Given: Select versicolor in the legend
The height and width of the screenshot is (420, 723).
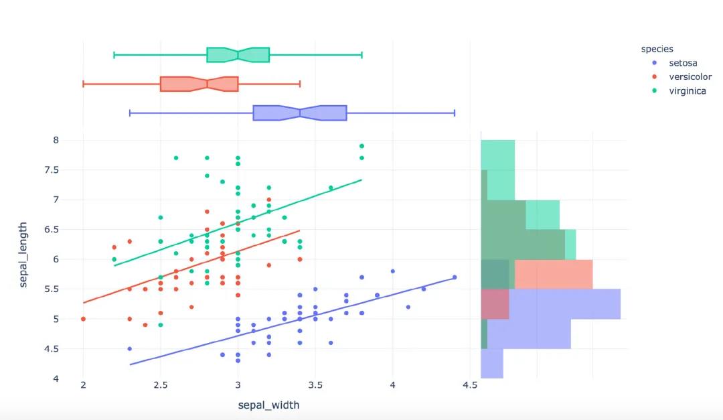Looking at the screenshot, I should [690, 77].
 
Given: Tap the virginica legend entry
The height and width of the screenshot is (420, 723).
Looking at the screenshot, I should [688, 91].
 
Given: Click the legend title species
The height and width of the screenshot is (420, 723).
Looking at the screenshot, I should [657, 49].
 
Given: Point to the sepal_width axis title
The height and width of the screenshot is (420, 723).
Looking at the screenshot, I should [268, 405].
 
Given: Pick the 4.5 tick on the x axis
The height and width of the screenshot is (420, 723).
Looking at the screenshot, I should [470, 385].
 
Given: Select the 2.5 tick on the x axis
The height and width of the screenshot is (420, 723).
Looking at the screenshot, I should [161, 385].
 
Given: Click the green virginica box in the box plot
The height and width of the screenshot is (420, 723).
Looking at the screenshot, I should [238, 55].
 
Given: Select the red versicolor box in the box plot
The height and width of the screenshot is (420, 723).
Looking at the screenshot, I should [199, 84].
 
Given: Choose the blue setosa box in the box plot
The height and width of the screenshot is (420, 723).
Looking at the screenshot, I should [299, 113].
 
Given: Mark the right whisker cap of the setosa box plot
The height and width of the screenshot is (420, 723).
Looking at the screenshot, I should [455, 113].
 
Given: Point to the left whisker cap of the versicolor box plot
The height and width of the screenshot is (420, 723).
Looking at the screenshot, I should [83, 84].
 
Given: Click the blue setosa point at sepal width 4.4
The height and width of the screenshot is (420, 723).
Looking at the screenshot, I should [455, 277].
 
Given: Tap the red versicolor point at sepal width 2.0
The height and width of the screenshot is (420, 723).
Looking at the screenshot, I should [83, 319].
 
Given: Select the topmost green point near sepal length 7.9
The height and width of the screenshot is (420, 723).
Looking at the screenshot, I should [361, 146].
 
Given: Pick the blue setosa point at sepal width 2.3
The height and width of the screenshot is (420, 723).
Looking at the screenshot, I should [129, 348].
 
